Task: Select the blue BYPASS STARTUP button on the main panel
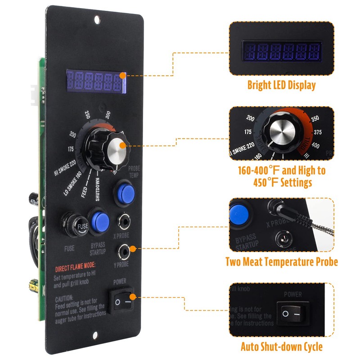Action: tap(100, 221)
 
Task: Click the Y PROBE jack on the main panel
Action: tap(125, 249)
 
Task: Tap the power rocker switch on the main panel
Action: tap(122, 301)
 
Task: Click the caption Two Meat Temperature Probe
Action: tap(281, 262)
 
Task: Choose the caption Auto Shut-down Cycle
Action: tap(281, 346)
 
